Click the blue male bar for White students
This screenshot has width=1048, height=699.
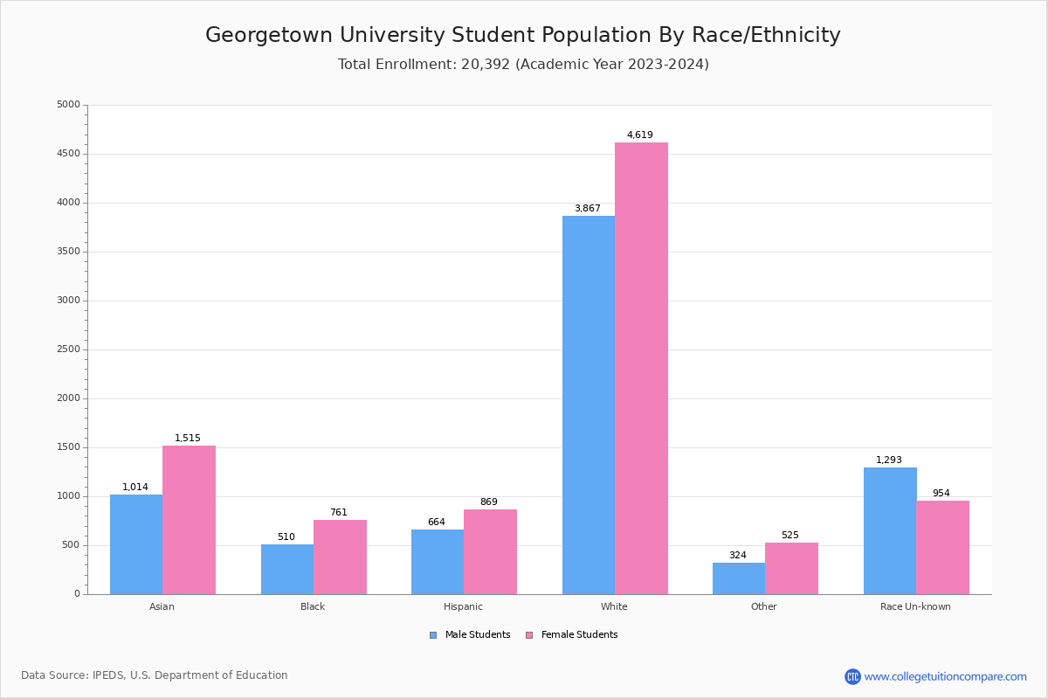(x=589, y=405)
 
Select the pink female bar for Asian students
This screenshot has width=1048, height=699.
(x=189, y=520)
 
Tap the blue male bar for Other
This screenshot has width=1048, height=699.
(x=739, y=578)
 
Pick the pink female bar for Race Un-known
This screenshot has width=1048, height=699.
(x=942, y=547)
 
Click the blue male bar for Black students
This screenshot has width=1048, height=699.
(x=287, y=569)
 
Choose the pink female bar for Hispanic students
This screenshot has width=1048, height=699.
(x=490, y=551)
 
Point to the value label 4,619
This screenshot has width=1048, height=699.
(x=640, y=135)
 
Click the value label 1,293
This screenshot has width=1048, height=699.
(x=889, y=460)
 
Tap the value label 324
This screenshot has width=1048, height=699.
(x=738, y=556)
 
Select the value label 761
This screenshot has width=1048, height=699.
(x=339, y=513)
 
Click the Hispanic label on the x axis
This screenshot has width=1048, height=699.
(x=463, y=606)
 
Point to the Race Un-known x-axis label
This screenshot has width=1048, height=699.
(x=915, y=606)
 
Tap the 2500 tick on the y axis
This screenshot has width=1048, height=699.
(x=68, y=349)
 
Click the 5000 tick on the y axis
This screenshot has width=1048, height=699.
(x=68, y=105)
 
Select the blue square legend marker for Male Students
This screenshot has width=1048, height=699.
(x=433, y=635)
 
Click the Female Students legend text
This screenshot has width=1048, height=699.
(x=579, y=635)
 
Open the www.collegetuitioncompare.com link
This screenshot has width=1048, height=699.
(x=945, y=676)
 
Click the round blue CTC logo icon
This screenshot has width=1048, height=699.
(x=852, y=676)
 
